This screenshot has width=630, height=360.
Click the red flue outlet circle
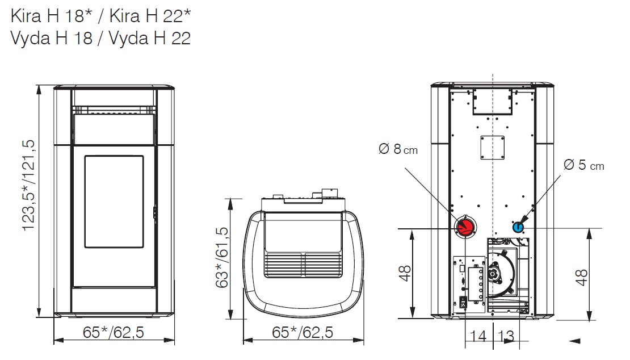coord(465,227)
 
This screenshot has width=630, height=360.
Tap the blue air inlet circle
coord(518,228)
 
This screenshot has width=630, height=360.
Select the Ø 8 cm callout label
coord(398,149)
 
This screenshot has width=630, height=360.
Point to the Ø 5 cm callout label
coord(584,165)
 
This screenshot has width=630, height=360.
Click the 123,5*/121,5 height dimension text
coord(29,185)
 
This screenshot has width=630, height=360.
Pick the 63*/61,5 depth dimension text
coord(222,258)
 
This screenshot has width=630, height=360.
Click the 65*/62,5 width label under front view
coord(114,332)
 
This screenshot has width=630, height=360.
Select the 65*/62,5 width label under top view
coord(303,332)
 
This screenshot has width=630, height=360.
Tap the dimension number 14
coord(478,336)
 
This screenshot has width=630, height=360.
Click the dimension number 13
coord(506,336)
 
